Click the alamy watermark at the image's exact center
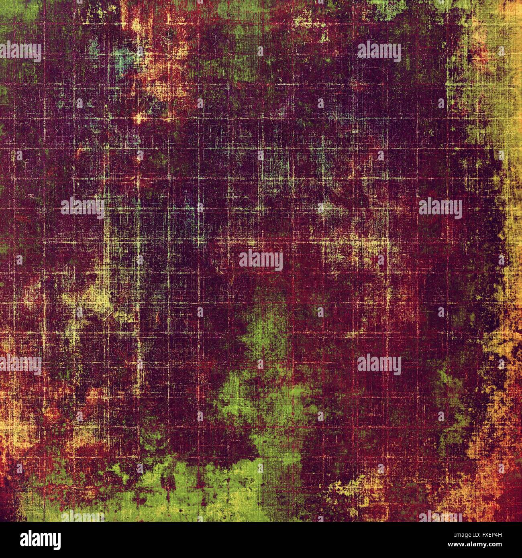tap(261, 260)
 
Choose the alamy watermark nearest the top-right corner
tap(379, 51)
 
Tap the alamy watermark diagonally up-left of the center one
tap(82, 208)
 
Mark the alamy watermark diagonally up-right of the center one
tap(440, 208)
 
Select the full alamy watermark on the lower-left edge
tap(20, 365)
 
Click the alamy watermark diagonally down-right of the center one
tap(379, 365)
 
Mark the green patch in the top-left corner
tap(20, 12)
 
